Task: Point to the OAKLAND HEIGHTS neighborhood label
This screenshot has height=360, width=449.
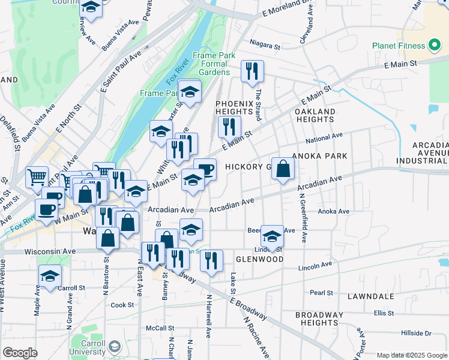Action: tap(315, 116)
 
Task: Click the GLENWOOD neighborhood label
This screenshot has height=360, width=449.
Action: tap(259, 259)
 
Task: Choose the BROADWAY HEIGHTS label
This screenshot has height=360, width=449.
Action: tap(321, 319)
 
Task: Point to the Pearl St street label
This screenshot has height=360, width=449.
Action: tap(322, 293)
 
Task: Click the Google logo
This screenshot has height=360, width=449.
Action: tap(20, 353)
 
